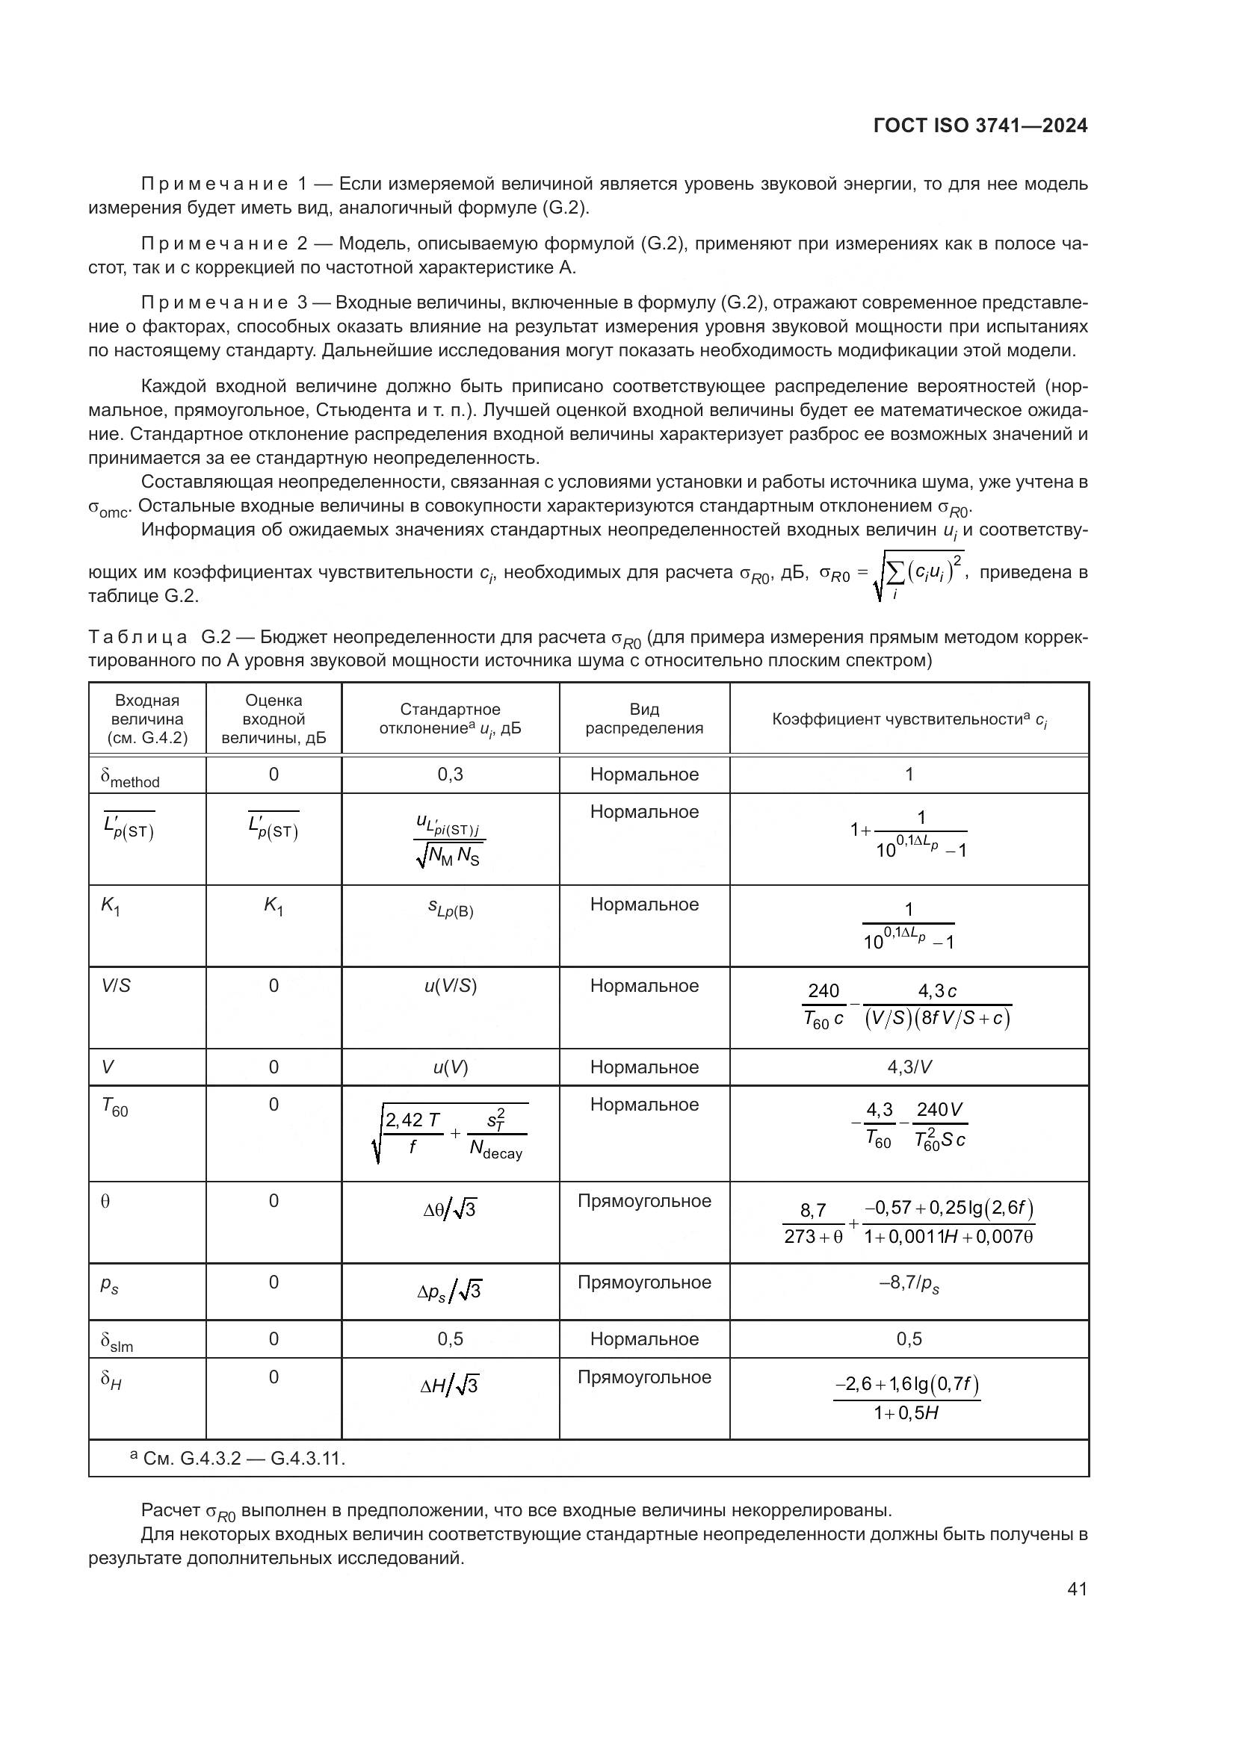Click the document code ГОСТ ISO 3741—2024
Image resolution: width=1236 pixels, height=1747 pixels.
(980, 126)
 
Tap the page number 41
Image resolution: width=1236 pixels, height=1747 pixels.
(1077, 1589)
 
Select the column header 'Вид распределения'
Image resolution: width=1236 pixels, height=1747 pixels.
(644, 719)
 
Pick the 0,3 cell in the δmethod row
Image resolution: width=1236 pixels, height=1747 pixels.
(450, 775)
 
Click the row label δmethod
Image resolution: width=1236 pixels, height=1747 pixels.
(130, 777)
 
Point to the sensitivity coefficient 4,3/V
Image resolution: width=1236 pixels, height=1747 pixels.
(909, 1067)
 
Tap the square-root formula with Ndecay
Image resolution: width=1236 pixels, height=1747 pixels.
(450, 1134)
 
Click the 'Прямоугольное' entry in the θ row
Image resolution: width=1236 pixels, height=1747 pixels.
(644, 1202)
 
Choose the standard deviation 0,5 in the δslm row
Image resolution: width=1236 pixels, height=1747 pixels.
(450, 1339)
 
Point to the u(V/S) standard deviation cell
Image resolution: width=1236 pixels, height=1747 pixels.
(450, 986)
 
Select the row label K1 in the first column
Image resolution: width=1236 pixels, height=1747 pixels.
(111, 906)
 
